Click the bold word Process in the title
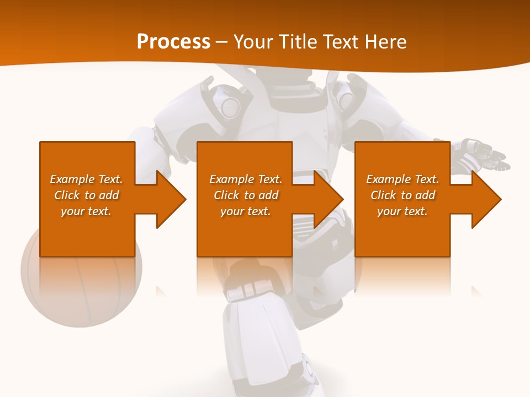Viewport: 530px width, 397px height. [173, 41]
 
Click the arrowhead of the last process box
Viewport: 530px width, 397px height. [485, 199]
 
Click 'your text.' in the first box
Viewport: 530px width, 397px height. [86, 211]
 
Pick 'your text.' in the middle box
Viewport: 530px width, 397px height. [246, 211]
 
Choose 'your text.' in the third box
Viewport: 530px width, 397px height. [402, 211]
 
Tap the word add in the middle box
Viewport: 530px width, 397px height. [268, 195]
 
